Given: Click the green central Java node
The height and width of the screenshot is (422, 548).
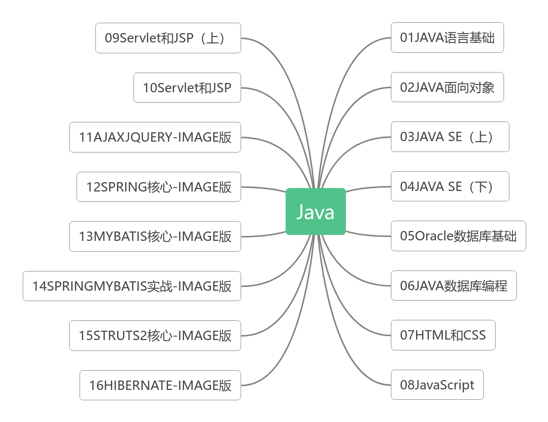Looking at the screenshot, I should coord(315,212).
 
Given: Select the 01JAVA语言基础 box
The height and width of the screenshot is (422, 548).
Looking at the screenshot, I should coord(447,38).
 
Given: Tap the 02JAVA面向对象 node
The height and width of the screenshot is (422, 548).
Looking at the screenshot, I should coord(447,87).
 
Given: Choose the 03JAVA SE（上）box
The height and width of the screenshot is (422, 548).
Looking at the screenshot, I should coord(450,137).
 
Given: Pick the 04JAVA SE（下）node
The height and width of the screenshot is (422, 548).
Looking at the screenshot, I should coord(450,187).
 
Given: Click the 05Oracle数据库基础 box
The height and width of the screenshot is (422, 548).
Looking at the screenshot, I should coord(458,236).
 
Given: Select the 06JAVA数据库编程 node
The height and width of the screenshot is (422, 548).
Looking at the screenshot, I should coord(453,286).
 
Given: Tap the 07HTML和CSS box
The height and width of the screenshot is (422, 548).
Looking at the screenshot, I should coord(443,336).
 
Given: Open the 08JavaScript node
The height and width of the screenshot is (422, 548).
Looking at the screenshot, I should coord(437,385).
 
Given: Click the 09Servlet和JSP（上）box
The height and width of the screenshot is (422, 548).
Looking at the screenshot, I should coord(168,38).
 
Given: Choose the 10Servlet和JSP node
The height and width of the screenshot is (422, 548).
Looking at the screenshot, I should coord(187,88).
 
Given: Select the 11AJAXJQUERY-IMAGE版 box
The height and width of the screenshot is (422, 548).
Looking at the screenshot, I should coord(155,137).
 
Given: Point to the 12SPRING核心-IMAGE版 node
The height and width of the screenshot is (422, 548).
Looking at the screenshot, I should coord(159,187).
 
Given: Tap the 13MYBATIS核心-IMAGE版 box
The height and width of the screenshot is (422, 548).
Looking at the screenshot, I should coord(155,236).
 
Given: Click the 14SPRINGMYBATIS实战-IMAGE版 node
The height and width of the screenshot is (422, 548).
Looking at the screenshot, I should coord(131,286).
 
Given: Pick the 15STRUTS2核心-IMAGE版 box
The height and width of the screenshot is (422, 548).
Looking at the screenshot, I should coord(155,336).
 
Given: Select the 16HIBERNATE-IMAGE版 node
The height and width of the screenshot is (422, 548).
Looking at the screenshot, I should coord(160,385).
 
